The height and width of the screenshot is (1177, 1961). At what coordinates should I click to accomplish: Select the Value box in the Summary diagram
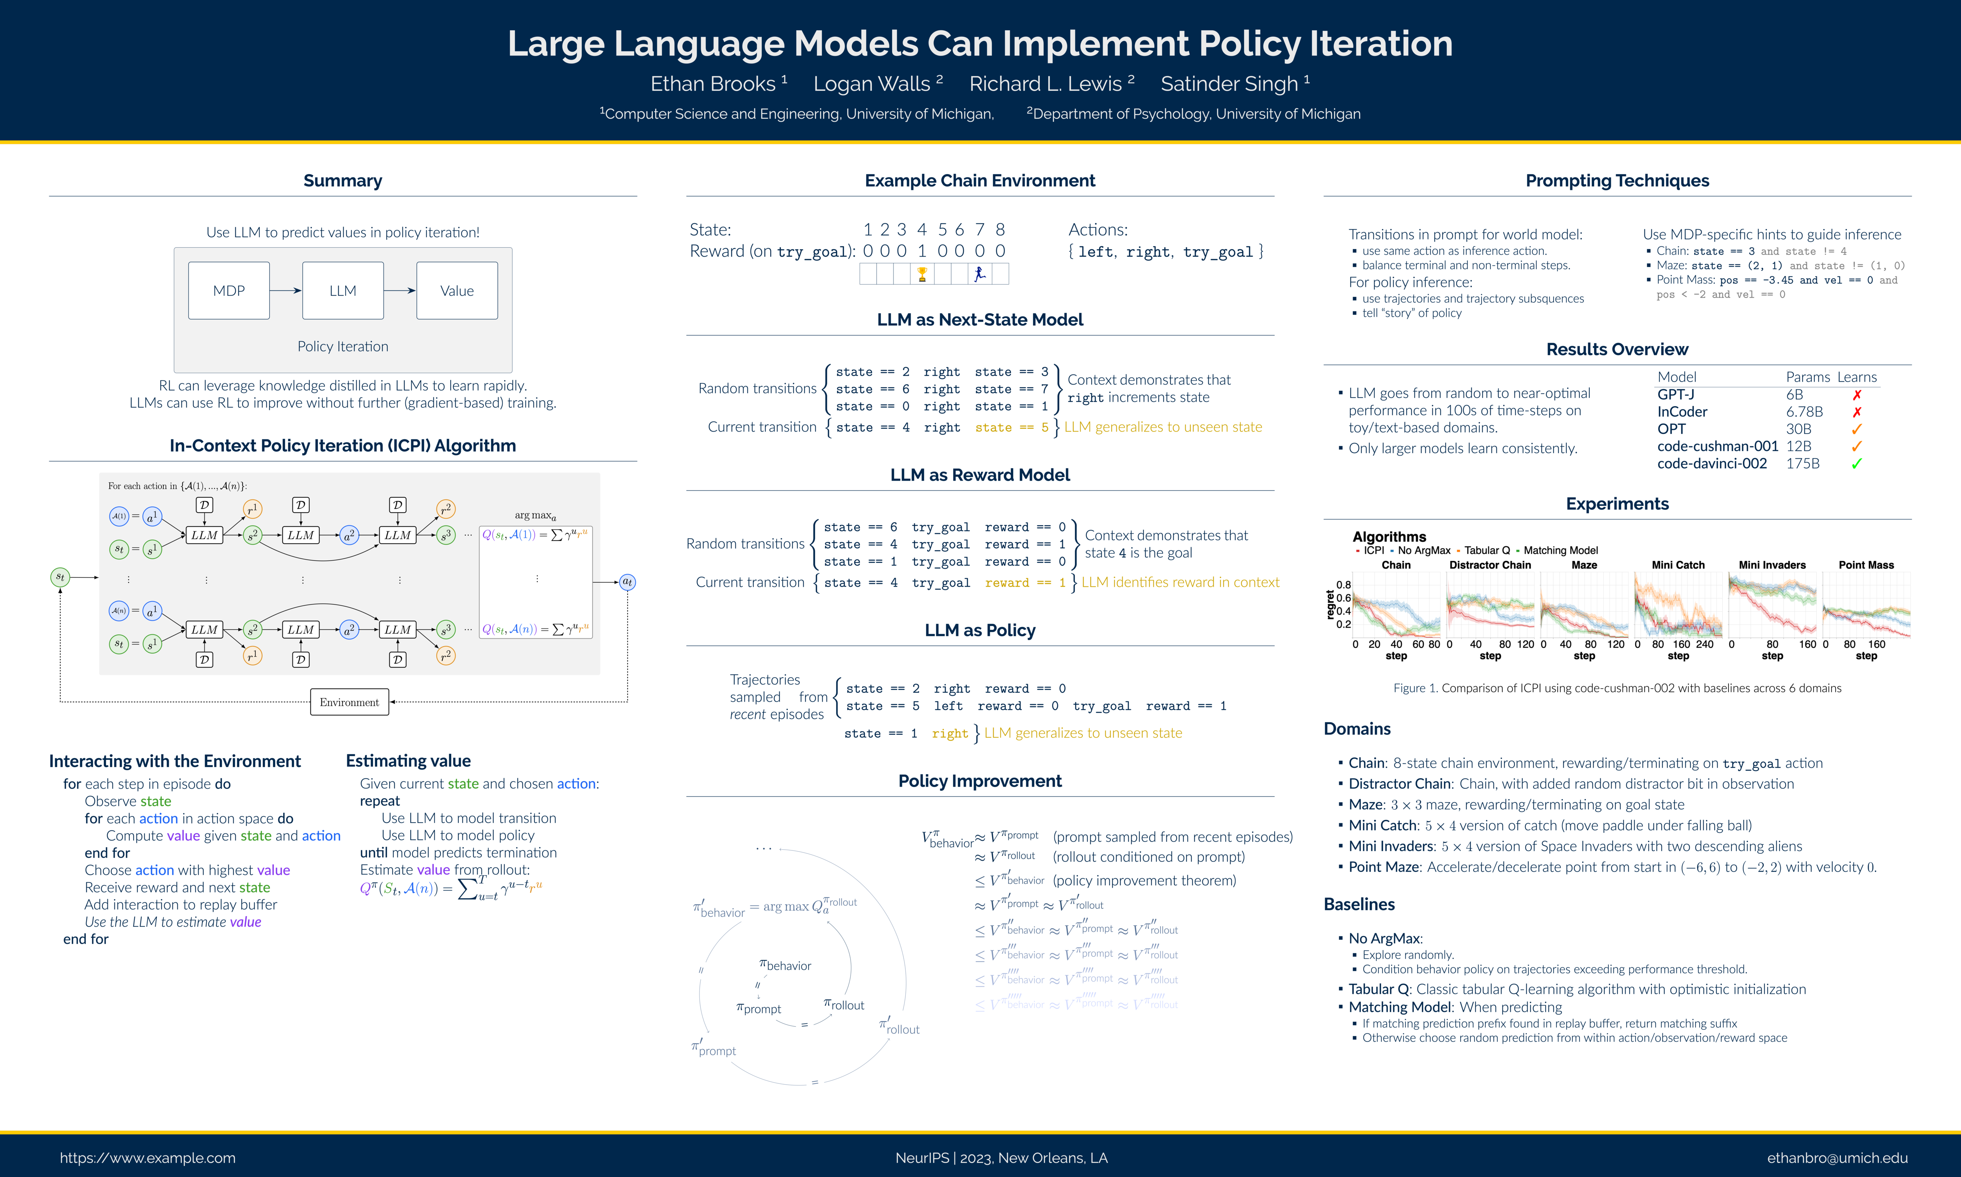coord(457,291)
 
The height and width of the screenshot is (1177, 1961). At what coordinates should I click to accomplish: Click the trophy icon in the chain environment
coord(922,274)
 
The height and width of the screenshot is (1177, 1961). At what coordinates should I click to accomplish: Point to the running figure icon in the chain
coord(980,274)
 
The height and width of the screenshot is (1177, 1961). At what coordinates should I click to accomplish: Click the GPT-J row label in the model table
coord(1676,394)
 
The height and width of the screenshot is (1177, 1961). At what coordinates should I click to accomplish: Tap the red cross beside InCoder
coord(1856,412)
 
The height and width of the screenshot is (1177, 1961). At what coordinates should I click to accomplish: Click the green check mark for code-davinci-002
coord(1856,463)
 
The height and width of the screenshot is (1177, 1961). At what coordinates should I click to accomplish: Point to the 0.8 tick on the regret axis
coord(1344,584)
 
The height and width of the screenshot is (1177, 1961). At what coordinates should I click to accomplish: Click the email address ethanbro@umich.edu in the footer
coord(1836,1158)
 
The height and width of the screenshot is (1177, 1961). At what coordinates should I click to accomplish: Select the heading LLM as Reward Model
coord(980,475)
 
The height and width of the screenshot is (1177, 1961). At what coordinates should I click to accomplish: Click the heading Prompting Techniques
coord(1617,181)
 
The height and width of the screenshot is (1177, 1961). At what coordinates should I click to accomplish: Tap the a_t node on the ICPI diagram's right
coord(627,582)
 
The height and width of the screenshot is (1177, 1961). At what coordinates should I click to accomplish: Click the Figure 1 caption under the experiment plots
coord(1617,689)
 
